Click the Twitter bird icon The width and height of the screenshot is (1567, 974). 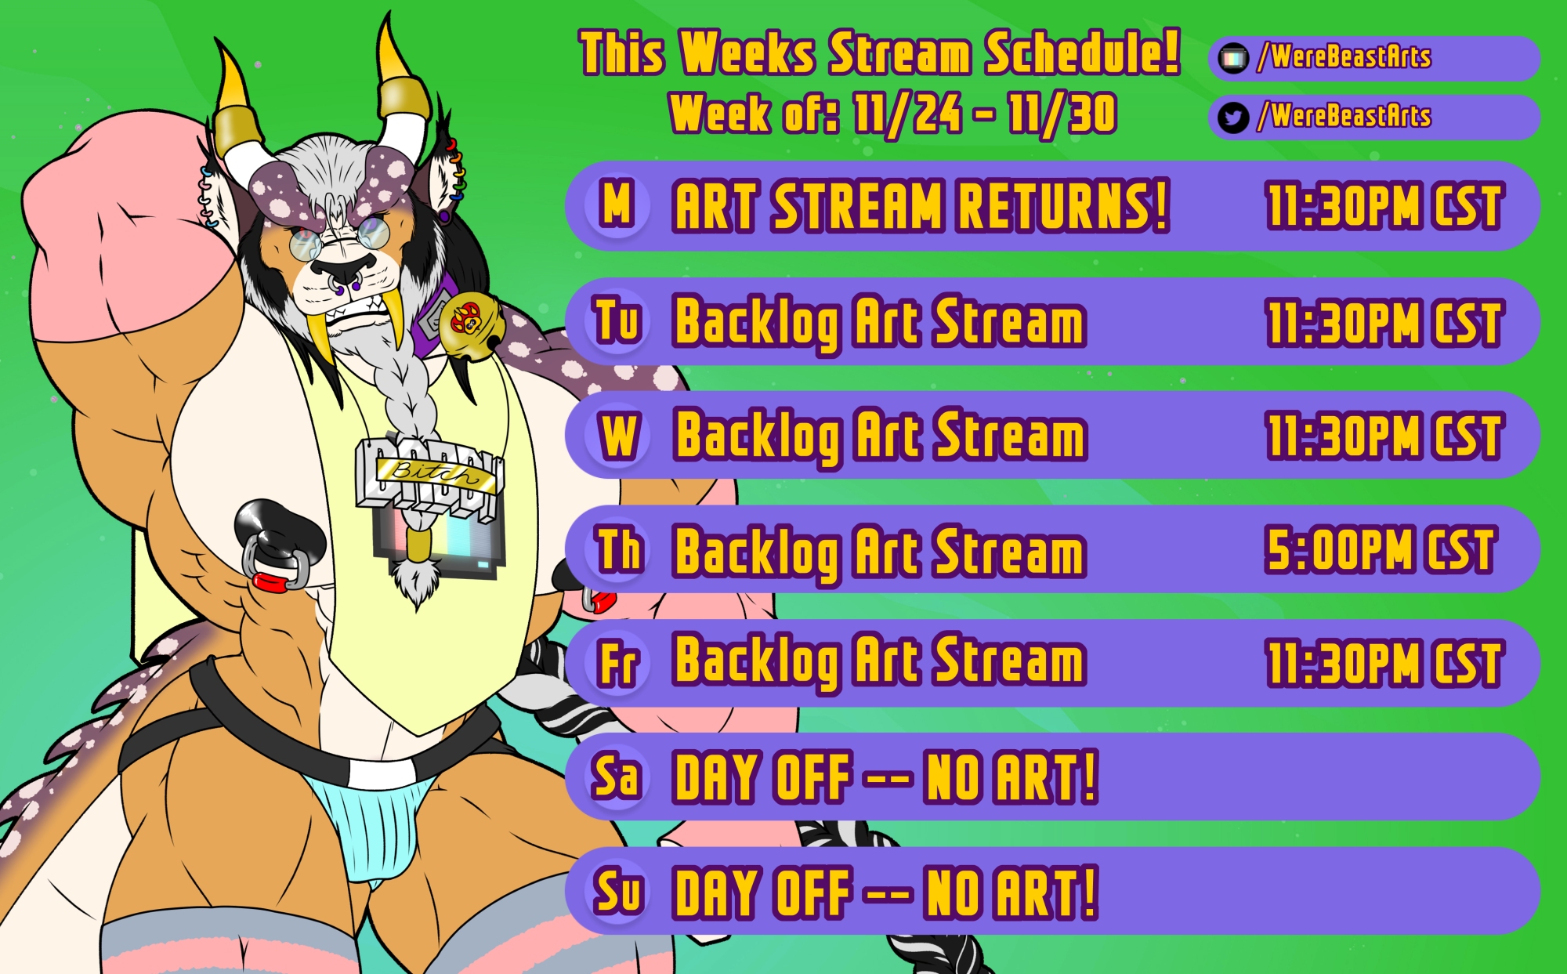pos(1233,118)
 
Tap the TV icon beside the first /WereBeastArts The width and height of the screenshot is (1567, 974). pos(1233,58)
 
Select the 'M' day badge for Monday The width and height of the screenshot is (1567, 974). pos(617,205)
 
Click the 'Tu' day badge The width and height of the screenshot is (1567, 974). pos(617,321)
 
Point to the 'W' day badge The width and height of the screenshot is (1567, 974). pos(617,435)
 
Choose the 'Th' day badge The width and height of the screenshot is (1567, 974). pos(617,549)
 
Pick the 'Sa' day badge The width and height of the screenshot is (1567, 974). pos(617,777)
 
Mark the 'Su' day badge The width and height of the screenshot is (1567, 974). pos(617,891)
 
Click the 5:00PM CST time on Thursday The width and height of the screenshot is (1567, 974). pos(1381,550)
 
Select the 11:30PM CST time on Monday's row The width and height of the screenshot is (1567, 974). pos(1384,207)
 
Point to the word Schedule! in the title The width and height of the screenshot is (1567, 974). pos(1082,53)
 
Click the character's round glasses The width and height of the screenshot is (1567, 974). pos(338,237)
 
